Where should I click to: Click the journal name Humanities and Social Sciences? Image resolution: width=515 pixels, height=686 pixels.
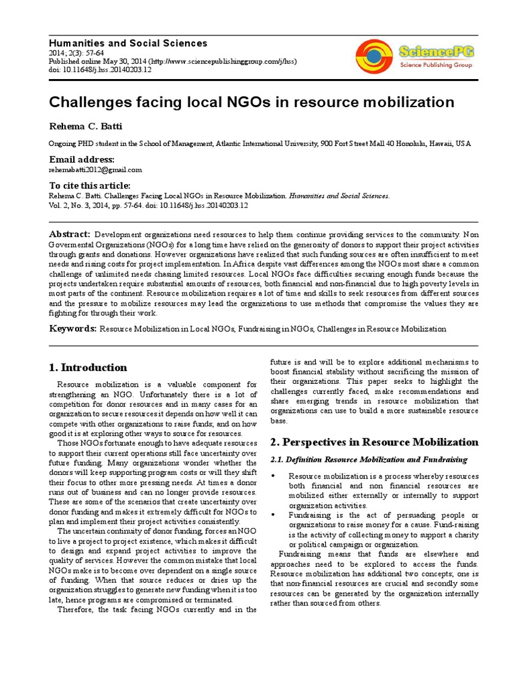[128, 43]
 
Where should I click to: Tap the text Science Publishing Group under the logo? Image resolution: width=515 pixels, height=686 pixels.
[435, 66]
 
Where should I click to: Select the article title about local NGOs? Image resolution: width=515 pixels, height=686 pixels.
[251, 102]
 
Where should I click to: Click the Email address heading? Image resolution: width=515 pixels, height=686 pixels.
[82, 159]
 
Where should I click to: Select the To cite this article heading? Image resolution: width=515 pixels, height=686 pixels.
[90, 186]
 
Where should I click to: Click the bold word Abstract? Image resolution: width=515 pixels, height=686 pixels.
[70, 234]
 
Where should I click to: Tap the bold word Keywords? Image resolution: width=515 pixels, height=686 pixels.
[72, 328]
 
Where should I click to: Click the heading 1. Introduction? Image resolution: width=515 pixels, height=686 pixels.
[88, 367]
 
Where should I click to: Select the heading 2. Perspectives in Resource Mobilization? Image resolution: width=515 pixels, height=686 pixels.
[374, 442]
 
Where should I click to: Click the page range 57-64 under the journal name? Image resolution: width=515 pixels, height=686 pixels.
[85, 53]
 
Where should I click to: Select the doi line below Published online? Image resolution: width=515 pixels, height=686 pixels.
[93, 70]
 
